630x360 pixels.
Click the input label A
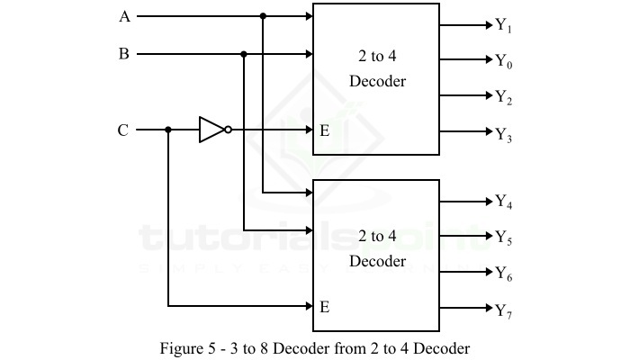pos(124,16)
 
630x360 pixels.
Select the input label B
pos(124,54)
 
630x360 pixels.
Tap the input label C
pos(124,130)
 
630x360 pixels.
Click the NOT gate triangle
pos(211,130)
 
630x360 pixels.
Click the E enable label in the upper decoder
pos(324,130)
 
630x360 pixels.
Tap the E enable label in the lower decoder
pos(324,306)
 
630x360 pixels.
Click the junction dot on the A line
pos(263,16)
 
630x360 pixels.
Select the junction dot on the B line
pos(244,54)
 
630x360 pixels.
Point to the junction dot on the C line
pos(168,130)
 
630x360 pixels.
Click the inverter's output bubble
pos(229,130)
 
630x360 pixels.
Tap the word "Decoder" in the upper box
pos(377,82)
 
